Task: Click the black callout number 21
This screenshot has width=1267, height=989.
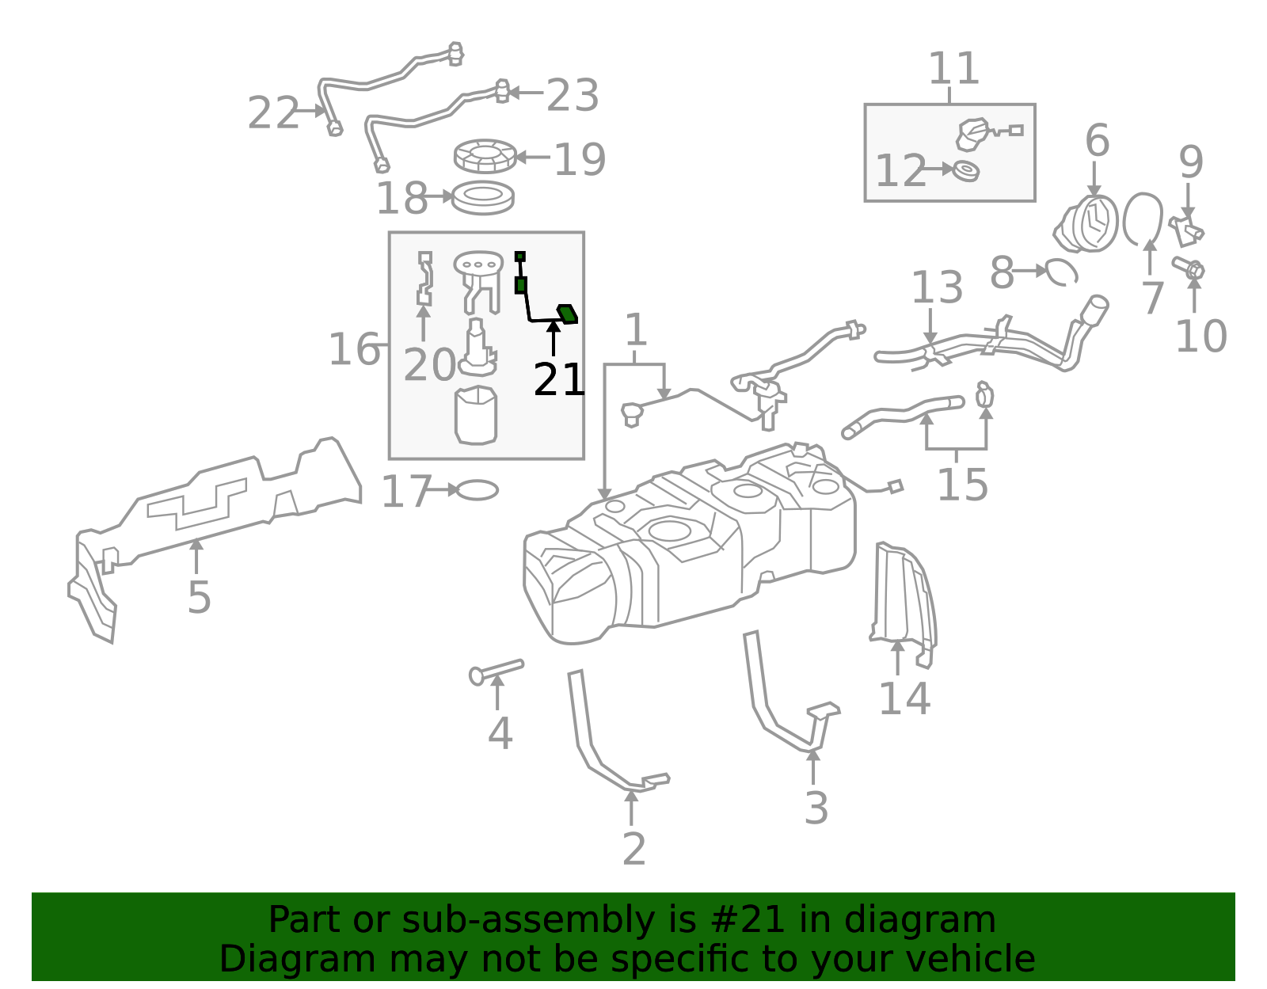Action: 559,380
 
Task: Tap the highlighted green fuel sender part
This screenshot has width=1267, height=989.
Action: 567,314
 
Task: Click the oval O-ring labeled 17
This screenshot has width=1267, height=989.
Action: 478,491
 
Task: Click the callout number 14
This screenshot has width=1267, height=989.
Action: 904,698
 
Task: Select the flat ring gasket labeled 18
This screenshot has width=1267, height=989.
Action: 483,198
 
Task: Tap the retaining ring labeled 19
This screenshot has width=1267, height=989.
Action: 485,156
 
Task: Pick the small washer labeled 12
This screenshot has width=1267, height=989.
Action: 966,170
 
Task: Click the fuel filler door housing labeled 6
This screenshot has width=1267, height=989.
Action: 1089,224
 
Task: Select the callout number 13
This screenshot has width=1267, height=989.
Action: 937,287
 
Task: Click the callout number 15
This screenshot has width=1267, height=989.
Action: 962,485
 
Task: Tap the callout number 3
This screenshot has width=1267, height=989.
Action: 816,808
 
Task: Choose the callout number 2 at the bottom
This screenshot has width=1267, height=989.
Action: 633,849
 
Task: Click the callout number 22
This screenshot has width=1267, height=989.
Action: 273,113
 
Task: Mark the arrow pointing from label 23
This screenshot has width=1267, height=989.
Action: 526,93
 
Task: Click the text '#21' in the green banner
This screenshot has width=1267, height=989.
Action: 748,920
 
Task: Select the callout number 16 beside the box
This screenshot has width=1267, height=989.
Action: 354,349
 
